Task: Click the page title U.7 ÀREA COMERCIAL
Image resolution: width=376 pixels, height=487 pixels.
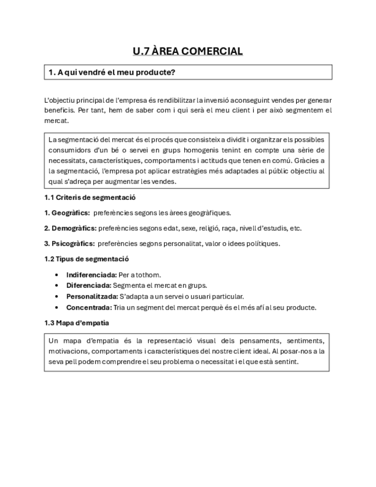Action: [188, 51]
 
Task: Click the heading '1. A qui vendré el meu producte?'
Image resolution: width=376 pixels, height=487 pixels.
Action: [112, 72]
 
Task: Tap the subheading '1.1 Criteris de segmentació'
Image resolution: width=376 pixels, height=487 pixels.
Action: [90, 197]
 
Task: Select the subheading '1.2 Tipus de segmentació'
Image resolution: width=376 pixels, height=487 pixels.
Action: [86, 259]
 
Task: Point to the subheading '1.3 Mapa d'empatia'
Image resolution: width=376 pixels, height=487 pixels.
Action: [76, 323]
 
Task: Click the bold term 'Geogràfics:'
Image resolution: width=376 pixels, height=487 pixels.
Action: [67, 212]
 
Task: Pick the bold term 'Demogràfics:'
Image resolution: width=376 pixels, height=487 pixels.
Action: [70, 228]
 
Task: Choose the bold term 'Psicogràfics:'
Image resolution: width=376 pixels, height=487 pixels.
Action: [69, 243]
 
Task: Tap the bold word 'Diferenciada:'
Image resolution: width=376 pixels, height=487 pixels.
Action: [89, 285]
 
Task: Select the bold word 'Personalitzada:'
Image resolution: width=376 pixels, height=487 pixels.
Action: [91, 296]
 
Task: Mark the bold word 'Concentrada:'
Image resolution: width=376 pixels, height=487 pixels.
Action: [89, 307]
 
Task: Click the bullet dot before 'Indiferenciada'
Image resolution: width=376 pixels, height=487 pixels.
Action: [56, 275]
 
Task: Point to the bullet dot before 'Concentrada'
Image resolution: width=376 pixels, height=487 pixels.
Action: [56, 307]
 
